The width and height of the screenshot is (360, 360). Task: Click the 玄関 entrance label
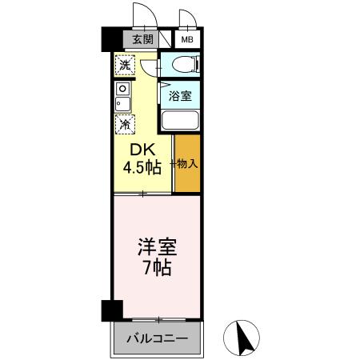click(142, 39)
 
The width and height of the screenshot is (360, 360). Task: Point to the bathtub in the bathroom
click(180, 121)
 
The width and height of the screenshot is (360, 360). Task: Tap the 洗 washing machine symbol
click(124, 65)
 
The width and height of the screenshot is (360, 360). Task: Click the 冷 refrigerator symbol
click(124, 123)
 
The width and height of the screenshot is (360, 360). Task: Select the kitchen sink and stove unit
click(123, 96)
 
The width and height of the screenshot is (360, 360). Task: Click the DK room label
click(142, 150)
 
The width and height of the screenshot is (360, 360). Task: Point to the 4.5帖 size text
click(142, 167)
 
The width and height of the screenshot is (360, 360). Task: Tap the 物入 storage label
click(187, 163)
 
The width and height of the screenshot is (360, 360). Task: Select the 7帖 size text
click(156, 268)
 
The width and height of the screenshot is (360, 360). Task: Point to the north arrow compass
click(246, 339)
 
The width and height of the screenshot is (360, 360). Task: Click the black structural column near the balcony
click(110, 310)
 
